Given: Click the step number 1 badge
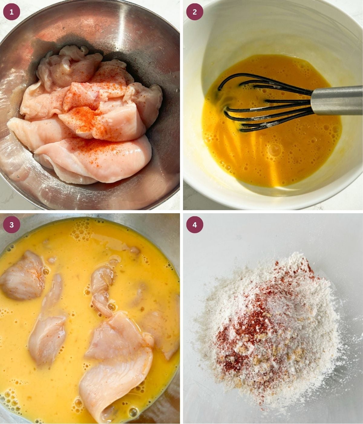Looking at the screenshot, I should tap(11, 12).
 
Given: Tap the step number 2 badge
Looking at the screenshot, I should tap(195, 12).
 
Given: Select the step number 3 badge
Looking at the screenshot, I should tap(11, 225).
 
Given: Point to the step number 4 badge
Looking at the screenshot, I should tap(195, 225).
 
